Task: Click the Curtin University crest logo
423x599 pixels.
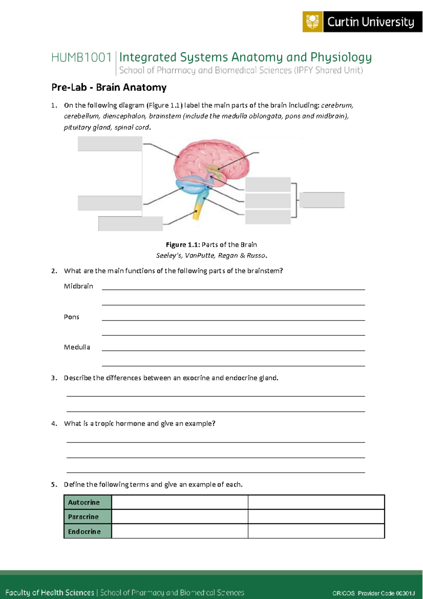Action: pyautogui.click(x=312, y=22)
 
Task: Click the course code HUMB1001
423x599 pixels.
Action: pyautogui.click(x=81, y=58)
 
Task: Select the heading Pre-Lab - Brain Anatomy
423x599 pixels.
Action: pyautogui.click(x=109, y=87)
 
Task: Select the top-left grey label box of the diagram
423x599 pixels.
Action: pyautogui.click(x=110, y=144)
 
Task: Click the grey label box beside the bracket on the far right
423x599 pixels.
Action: pyautogui.click(x=322, y=200)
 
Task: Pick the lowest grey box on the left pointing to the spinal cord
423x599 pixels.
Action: pyautogui.click(x=130, y=224)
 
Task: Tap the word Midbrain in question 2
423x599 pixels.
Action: pyautogui.click(x=78, y=286)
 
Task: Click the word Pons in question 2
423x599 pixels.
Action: pyautogui.click(x=72, y=317)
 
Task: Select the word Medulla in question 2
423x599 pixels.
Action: pyautogui.click(x=77, y=347)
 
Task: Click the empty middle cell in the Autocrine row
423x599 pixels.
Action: pyautogui.click(x=180, y=502)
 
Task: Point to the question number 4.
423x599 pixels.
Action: pyautogui.click(x=54, y=424)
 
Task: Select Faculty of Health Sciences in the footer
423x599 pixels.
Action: pyautogui.click(x=50, y=593)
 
